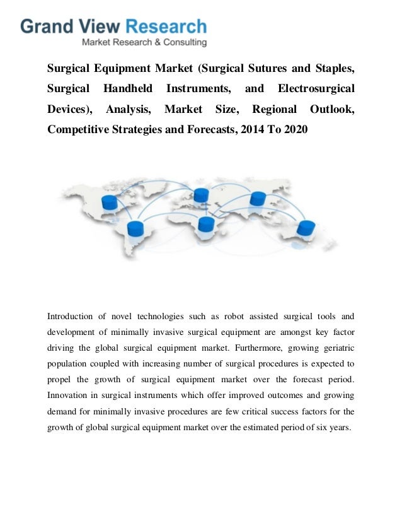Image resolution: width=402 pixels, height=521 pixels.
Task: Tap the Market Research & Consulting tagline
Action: [145, 43]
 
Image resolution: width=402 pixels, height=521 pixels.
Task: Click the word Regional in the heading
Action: [273, 109]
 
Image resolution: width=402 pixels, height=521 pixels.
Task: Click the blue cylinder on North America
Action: [110, 202]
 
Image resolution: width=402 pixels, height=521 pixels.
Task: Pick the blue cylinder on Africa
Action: [206, 225]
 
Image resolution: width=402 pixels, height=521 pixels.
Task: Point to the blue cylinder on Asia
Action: [258, 199]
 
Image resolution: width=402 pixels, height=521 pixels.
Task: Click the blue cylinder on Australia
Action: [306, 228]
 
